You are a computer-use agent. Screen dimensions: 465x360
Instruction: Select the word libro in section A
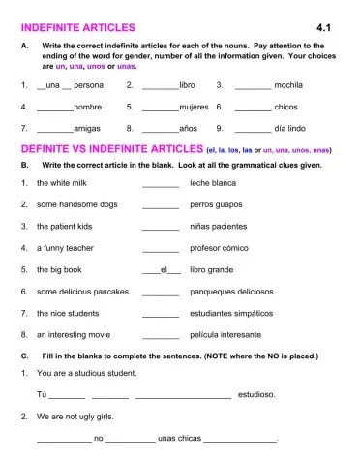point(188,85)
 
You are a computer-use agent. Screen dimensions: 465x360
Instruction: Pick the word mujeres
point(195,107)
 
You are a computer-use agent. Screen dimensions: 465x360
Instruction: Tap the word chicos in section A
point(286,107)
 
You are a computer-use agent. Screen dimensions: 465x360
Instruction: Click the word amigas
point(88,128)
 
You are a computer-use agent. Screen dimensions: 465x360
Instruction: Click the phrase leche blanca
point(213,183)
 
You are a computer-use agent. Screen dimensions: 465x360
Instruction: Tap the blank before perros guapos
point(161,205)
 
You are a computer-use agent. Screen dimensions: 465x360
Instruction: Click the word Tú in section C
point(42,394)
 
